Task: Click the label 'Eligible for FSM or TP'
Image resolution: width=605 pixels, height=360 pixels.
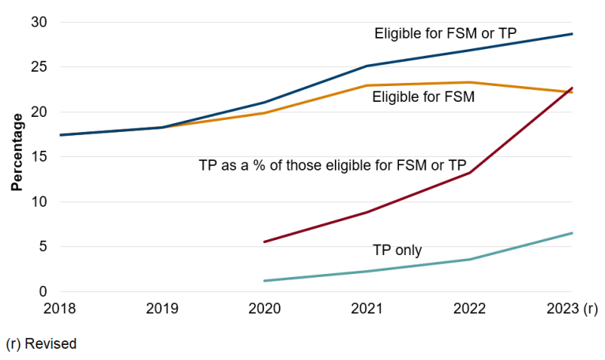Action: (446, 33)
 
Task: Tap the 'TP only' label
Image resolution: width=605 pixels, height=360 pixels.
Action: (397, 250)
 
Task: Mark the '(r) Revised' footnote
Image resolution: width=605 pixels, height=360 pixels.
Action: (41, 344)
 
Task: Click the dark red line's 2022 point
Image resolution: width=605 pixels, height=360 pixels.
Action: (470, 173)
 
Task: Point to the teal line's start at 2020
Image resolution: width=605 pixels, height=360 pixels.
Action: (265, 280)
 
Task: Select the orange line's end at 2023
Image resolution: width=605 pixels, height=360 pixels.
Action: (572, 92)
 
